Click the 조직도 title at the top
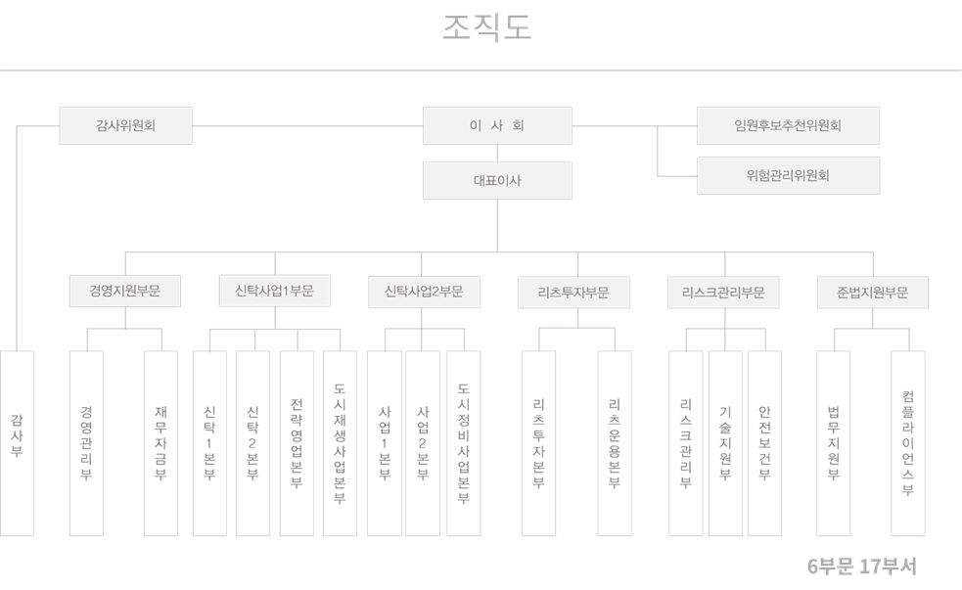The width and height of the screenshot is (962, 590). [x=486, y=28]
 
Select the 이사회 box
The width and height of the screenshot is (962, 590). [x=497, y=125]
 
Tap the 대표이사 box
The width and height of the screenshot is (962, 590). [x=497, y=180]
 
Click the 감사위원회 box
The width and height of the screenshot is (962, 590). [x=125, y=125]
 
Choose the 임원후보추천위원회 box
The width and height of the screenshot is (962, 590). [x=788, y=125]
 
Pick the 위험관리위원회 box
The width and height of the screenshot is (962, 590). [x=788, y=176]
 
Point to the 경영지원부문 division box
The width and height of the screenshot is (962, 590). [x=124, y=292]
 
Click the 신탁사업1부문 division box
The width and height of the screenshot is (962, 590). [x=274, y=291]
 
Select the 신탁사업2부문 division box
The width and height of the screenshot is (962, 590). [x=424, y=292]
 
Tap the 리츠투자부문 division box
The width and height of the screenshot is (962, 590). [x=573, y=292]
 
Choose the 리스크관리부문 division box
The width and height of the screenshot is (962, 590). [x=723, y=292]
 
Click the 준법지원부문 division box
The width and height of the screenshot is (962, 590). [x=872, y=292]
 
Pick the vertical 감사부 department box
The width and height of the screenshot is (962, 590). [x=17, y=442]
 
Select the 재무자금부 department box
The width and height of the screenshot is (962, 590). [x=160, y=442]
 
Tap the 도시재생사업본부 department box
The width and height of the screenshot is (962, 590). [x=340, y=442]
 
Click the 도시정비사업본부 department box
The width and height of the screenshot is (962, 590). [x=463, y=442]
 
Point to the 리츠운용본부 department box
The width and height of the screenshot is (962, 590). [x=614, y=442]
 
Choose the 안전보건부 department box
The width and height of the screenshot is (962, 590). [x=764, y=442]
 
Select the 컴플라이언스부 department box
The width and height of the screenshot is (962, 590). [x=907, y=442]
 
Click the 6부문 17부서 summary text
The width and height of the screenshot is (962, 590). [x=861, y=567]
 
